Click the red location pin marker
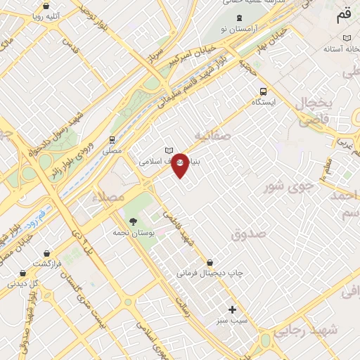pyautogui.click(x=180, y=166)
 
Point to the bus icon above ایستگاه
pyautogui.click(x=264, y=91)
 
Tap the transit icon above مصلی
pyautogui.click(x=112, y=139)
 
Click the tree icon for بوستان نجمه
pyautogui.click(x=133, y=220)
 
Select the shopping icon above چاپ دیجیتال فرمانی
pyautogui.click(x=210, y=262)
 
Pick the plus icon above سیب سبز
pyautogui.click(x=233, y=309)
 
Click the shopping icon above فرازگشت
pyautogui.click(x=47, y=253)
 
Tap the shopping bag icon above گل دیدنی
pyautogui.click(x=24, y=274)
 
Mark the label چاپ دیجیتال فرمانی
pyautogui.click(x=208, y=272)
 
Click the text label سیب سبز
pyautogui.click(x=231, y=320)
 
